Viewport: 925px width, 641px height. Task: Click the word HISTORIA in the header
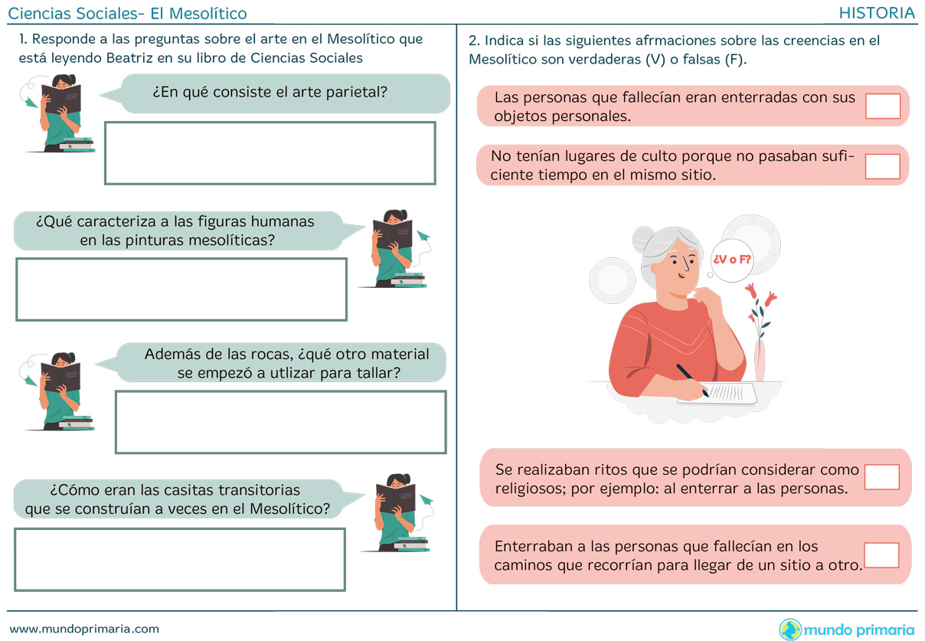pyautogui.click(x=877, y=13)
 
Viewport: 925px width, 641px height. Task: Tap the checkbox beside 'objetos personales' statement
pyautogui.click(x=883, y=106)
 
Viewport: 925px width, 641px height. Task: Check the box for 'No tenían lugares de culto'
pyautogui.click(x=882, y=166)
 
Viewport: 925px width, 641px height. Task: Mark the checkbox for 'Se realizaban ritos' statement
pyautogui.click(x=881, y=477)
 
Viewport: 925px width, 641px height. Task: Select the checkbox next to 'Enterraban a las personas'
pyautogui.click(x=881, y=555)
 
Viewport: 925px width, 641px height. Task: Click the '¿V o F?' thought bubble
pyautogui.click(x=732, y=260)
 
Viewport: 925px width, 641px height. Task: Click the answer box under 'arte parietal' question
pyautogui.click(x=270, y=153)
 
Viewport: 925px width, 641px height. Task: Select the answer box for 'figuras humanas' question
pyautogui.click(x=181, y=289)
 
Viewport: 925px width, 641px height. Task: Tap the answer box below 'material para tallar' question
pyautogui.click(x=281, y=422)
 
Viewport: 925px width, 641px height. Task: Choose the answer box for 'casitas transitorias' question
pyautogui.click(x=180, y=560)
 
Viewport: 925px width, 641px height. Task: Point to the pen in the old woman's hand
pyautogui.click(x=692, y=380)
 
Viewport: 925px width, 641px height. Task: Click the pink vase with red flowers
pyautogui.click(x=760, y=360)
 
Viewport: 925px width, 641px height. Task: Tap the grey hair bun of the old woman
pyautogui.click(x=644, y=240)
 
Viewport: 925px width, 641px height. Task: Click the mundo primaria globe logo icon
pyautogui.click(x=790, y=630)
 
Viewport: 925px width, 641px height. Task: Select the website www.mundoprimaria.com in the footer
pyautogui.click(x=84, y=629)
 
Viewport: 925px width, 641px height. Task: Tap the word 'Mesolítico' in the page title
pyautogui.click(x=208, y=14)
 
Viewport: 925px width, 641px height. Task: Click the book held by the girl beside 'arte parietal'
pyautogui.click(x=61, y=98)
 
